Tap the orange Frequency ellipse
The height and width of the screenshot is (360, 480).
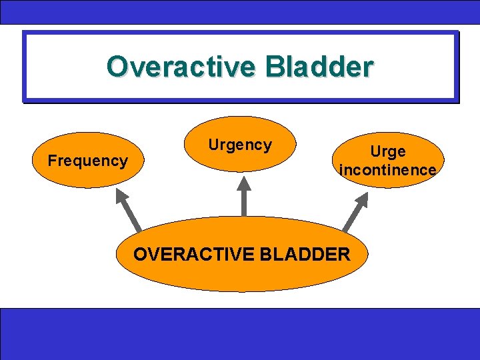[x=88, y=161]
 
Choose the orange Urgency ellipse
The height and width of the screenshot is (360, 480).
[x=240, y=145]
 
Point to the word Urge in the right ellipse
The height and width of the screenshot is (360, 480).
[x=388, y=152]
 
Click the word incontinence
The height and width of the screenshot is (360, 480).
[x=388, y=170]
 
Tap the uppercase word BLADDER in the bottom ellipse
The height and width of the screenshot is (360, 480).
[x=311, y=254]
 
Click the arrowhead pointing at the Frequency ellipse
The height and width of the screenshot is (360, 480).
[x=123, y=195]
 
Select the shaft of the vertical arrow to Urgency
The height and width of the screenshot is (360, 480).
[x=245, y=203]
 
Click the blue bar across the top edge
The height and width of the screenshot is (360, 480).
[x=240, y=11]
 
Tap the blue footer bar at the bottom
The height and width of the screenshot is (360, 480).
[x=240, y=333]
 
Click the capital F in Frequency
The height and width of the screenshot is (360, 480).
[x=52, y=161]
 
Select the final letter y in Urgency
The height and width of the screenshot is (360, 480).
[x=268, y=146]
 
